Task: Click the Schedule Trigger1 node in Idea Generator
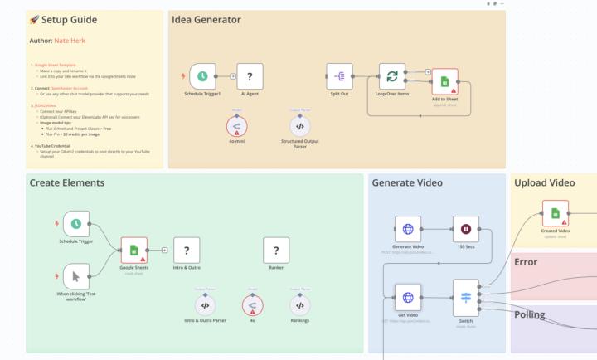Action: point(202,76)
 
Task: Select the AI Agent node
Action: point(250,76)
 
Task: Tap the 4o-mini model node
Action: point(237,125)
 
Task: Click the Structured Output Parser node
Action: point(300,125)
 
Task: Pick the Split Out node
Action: point(339,76)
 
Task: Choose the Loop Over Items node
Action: point(391,76)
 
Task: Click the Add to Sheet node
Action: point(444,81)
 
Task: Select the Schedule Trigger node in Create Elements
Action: point(75,223)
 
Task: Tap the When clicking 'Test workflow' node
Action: point(75,276)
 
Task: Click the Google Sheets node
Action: point(133,250)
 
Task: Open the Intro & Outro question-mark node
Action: point(187,250)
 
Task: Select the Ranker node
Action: point(275,250)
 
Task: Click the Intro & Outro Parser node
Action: point(205,305)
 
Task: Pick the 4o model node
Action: point(253,305)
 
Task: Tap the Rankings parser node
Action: point(300,305)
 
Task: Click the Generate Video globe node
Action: point(408,229)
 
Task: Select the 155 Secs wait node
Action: point(465,229)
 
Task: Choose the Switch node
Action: point(465,297)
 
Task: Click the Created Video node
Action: point(555,212)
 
